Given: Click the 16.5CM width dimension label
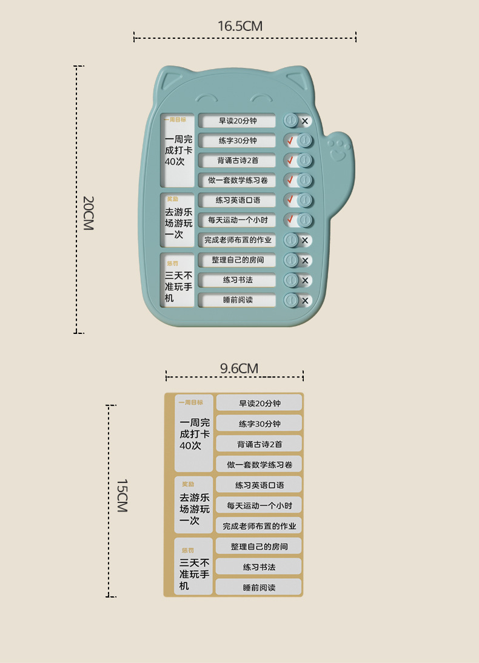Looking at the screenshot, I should click(x=240, y=26).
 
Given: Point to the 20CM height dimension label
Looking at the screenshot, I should click(x=88, y=213).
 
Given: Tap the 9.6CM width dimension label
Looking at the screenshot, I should click(x=239, y=368).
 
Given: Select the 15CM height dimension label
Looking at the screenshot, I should click(x=122, y=495).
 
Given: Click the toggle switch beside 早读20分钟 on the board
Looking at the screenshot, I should click(x=291, y=121).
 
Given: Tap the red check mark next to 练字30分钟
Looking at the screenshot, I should click(x=290, y=141).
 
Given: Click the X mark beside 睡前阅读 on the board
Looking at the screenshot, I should click(x=305, y=301).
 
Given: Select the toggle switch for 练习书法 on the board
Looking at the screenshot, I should click(x=291, y=281).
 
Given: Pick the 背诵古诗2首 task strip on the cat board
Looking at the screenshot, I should click(x=237, y=161).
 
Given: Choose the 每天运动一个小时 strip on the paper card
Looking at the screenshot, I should click(x=259, y=505).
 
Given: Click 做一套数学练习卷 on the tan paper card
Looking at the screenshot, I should click(x=259, y=465).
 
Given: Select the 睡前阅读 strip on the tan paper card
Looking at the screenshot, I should click(x=259, y=587).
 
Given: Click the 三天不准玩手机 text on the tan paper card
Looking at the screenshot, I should click(x=194, y=574).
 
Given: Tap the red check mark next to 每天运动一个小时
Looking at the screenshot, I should click(x=290, y=219).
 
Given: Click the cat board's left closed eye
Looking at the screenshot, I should click(x=206, y=98).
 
